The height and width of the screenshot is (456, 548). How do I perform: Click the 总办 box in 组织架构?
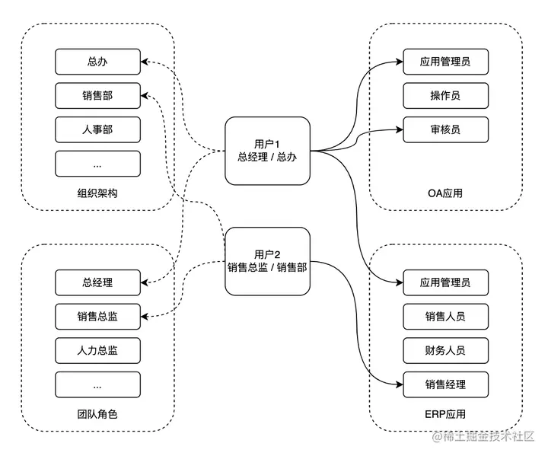98,62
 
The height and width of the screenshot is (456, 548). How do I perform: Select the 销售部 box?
98,95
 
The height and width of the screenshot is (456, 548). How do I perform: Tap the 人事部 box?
98,129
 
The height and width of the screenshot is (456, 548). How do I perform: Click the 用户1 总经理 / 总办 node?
267,151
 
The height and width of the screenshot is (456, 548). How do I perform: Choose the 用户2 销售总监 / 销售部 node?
267,261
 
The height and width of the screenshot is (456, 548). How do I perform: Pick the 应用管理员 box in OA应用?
445,62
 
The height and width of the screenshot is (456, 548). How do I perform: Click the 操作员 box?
445,95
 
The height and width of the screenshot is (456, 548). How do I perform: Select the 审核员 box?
445,129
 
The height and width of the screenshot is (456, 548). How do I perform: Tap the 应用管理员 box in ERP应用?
445,282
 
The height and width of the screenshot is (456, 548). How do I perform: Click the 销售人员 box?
445,317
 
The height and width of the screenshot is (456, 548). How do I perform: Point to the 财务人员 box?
445,350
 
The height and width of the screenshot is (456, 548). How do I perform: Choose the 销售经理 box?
445,384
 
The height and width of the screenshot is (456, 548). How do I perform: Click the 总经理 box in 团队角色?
98,282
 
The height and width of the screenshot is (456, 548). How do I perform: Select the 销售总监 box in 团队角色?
98,317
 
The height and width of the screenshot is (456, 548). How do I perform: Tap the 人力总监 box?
98,350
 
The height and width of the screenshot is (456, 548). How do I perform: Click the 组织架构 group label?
97,193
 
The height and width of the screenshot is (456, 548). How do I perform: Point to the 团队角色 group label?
97,414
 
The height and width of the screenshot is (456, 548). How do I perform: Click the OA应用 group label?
445,193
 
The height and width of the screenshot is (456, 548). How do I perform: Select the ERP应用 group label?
445,414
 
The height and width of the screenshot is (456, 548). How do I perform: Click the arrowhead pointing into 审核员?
400,129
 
